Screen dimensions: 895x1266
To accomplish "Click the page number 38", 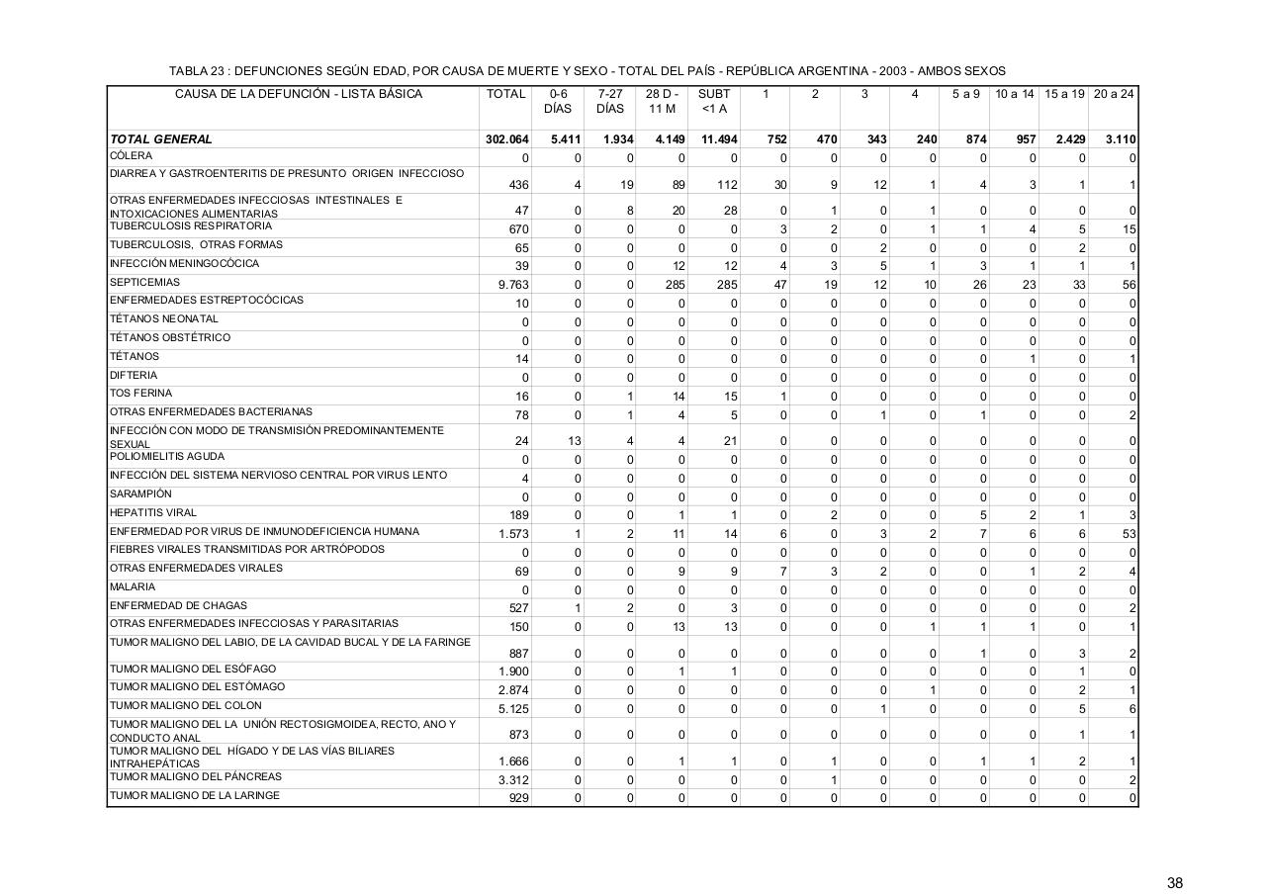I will (x=1174, y=883).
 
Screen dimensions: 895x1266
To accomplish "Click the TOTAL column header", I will (x=505, y=94).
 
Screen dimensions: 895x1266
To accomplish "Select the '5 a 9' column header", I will (x=965, y=94).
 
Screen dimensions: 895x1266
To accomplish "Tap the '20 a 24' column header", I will (x=1114, y=94).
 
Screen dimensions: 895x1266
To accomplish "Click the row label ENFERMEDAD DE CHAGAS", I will (x=178, y=605).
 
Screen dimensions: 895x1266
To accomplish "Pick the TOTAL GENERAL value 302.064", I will (x=506, y=139).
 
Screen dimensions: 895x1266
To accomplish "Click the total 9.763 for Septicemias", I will (x=512, y=286).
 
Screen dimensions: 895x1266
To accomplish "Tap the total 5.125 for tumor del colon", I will (x=512, y=709).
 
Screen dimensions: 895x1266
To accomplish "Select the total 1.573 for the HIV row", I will (x=512, y=534).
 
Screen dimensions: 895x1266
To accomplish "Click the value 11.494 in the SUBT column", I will (x=719, y=139).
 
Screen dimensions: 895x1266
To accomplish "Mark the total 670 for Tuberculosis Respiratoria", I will (x=517, y=229).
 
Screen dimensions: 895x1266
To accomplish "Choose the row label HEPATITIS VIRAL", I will (x=153, y=513).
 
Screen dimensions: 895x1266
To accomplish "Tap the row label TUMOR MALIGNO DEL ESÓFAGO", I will (x=193, y=670).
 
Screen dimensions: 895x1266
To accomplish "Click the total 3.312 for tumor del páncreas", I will (x=512, y=780).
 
